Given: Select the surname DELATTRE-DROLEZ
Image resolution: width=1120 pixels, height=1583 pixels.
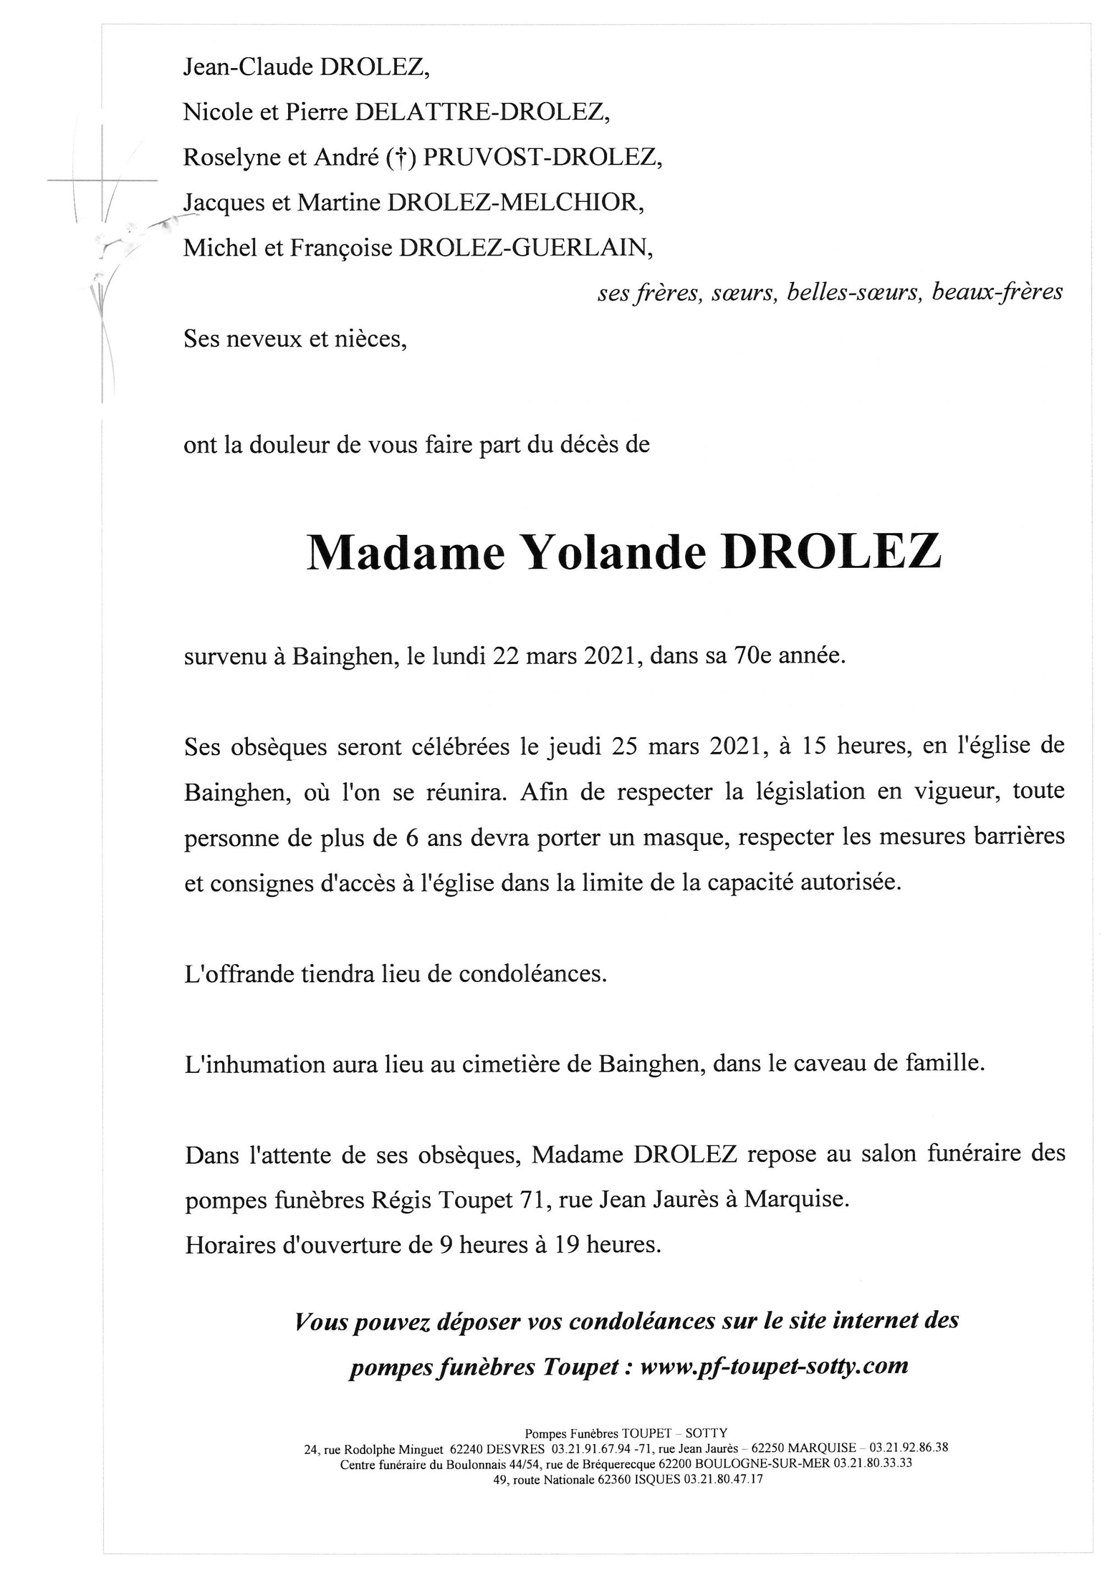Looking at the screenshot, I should pyautogui.click(x=482, y=112).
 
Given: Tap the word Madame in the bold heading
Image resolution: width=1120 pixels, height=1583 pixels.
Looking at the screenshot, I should pyautogui.click(x=406, y=553).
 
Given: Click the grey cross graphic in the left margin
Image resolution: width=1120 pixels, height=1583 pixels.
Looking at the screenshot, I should pyautogui.click(x=102, y=181).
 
